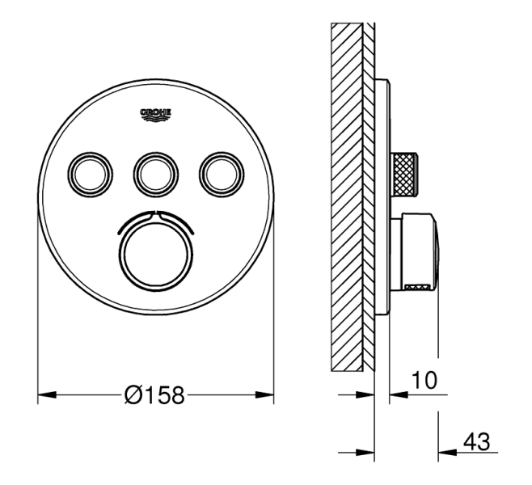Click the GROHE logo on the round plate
(x=156, y=115)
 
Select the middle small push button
(x=156, y=175)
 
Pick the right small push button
(x=222, y=175)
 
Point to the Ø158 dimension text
(x=154, y=394)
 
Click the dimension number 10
(x=424, y=380)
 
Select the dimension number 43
(x=477, y=442)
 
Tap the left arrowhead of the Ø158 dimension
(x=47, y=394)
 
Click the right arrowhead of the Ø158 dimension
(x=264, y=394)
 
